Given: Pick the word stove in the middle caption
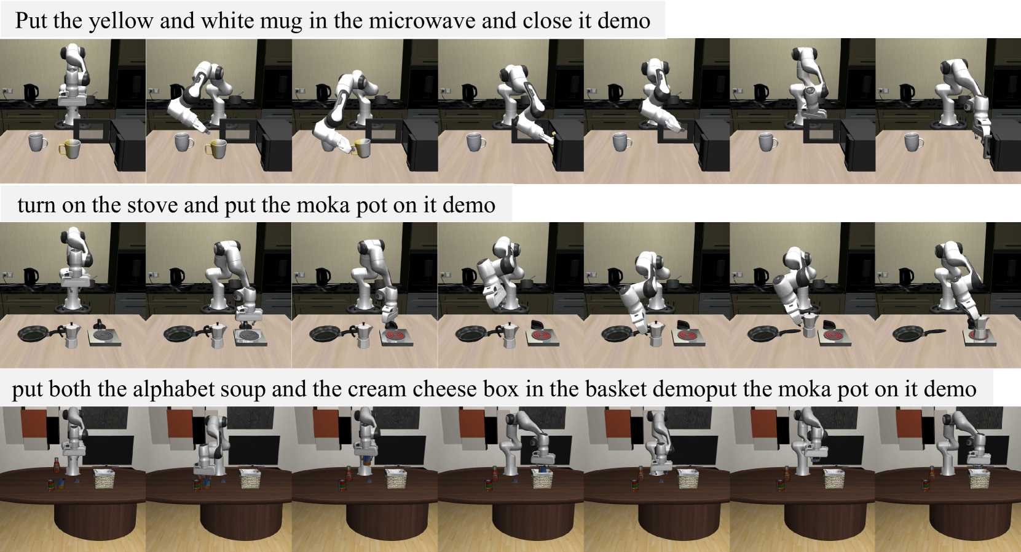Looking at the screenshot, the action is click(x=152, y=206).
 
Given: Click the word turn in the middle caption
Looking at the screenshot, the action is click(x=36, y=206).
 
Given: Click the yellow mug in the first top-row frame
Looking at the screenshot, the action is click(x=69, y=149).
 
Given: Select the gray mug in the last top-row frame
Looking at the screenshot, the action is click(x=913, y=142).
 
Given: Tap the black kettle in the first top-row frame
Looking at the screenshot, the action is click(x=31, y=92).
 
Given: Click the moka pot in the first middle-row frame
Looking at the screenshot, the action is click(x=71, y=335).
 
